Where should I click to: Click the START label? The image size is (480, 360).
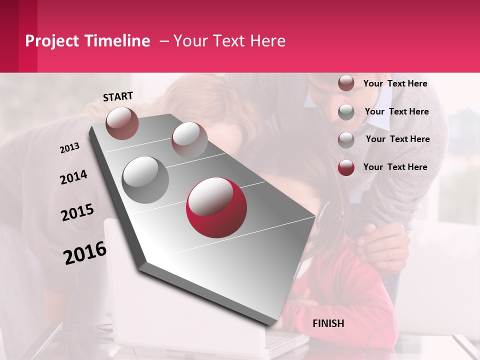(x=118, y=96)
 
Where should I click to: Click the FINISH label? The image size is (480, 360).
(x=328, y=323)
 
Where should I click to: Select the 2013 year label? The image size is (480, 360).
(x=69, y=148)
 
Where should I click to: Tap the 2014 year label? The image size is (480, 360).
(x=73, y=177)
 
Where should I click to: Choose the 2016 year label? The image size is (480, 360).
(x=85, y=253)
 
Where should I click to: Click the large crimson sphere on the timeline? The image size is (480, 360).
(x=216, y=207)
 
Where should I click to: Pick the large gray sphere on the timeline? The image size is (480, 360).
(x=145, y=180)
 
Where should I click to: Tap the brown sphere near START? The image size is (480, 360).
(x=122, y=123)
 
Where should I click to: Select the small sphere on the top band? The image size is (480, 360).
(x=189, y=139)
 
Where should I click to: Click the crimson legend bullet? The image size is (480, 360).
(x=346, y=167)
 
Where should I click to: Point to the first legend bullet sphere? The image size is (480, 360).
(x=346, y=83)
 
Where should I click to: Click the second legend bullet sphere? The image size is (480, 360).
(x=346, y=112)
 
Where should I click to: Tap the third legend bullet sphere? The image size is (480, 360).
(x=346, y=139)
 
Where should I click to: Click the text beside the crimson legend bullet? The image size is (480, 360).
(x=395, y=167)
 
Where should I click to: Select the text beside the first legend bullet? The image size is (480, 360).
(x=395, y=83)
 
